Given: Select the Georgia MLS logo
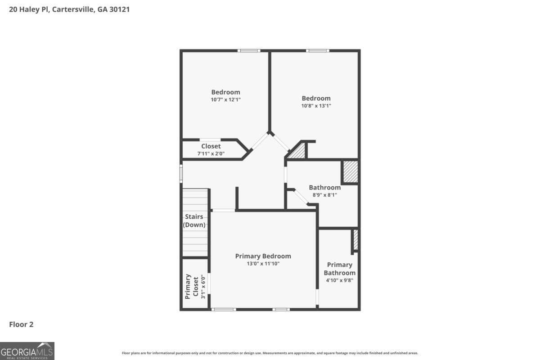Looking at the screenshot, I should coord(27,351).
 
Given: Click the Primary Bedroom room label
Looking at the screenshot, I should coord(263,256).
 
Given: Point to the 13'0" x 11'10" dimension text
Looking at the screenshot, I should coord(263,264).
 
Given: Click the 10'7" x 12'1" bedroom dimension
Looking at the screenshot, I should coord(225,99).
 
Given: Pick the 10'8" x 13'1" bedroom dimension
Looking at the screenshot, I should coord(316,106).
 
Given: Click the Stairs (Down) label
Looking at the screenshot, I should coord(194,220).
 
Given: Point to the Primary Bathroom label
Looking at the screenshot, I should coord(339,269).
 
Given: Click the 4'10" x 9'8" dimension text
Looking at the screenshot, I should coord(339,280).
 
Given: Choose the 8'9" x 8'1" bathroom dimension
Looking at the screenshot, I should coord(324,195).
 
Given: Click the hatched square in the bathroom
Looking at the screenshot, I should coord(351,171).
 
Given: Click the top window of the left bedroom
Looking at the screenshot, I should coord(249,50).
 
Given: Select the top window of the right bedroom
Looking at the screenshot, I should coord(317,50).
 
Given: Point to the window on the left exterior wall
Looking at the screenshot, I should coord(181,173).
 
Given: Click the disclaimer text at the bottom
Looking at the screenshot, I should coord(270,353).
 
